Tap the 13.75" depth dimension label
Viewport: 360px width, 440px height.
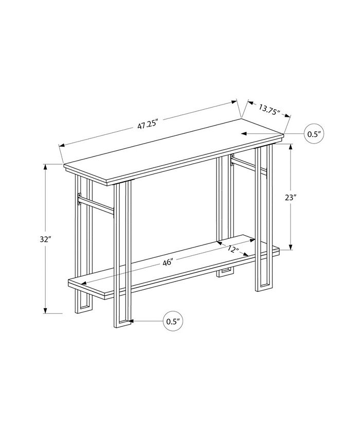click(x=268, y=110)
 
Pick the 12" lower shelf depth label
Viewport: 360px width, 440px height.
click(x=233, y=249)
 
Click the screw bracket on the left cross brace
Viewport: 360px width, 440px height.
click(x=79, y=199)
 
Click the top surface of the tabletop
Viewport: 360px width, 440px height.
click(x=175, y=149)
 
